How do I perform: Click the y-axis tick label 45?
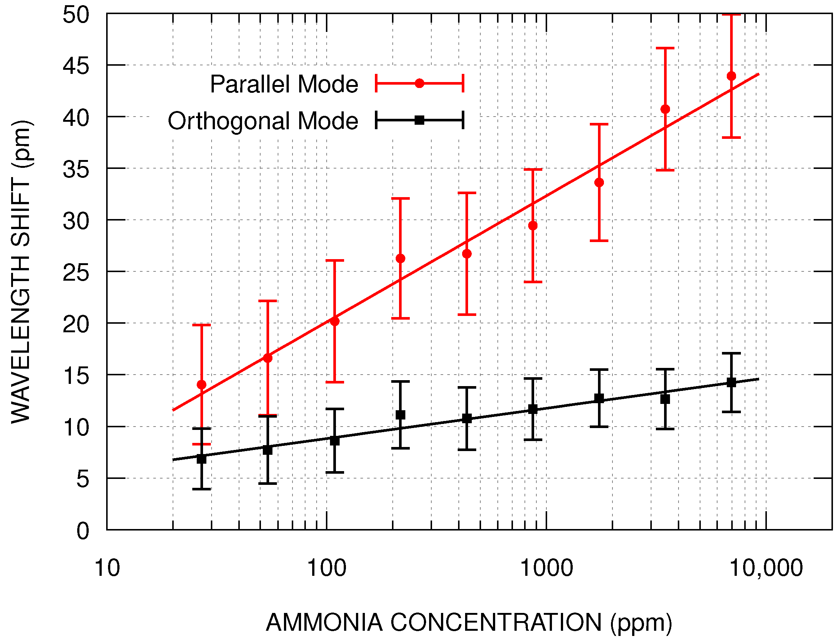click(x=76, y=66)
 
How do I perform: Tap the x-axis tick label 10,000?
click(x=766, y=568)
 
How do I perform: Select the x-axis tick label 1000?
click(x=546, y=568)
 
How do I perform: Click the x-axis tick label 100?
click(x=326, y=568)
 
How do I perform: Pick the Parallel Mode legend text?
click(x=284, y=84)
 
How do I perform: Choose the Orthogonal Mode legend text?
click(x=262, y=121)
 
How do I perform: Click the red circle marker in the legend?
click(x=419, y=84)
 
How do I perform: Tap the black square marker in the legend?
click(x=419, y=120)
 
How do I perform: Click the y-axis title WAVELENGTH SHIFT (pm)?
click(x=21, y=272)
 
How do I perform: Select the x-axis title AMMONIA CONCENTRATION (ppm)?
click(x=469, y=622)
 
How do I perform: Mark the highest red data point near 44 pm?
click(x=731, y=76)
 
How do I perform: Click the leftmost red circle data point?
click(x=201, y=385)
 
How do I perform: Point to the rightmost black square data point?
click(x=731, y=382)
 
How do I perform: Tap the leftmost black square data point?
click(x=201, y=458)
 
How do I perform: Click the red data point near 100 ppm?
click(x=334, y=321)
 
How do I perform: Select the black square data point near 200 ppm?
click(x=400, y=415)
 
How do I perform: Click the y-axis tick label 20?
click(x=76, y=324)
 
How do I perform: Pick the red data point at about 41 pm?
click(x=665, y=109)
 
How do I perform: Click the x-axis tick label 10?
click(x=107, y=568)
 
